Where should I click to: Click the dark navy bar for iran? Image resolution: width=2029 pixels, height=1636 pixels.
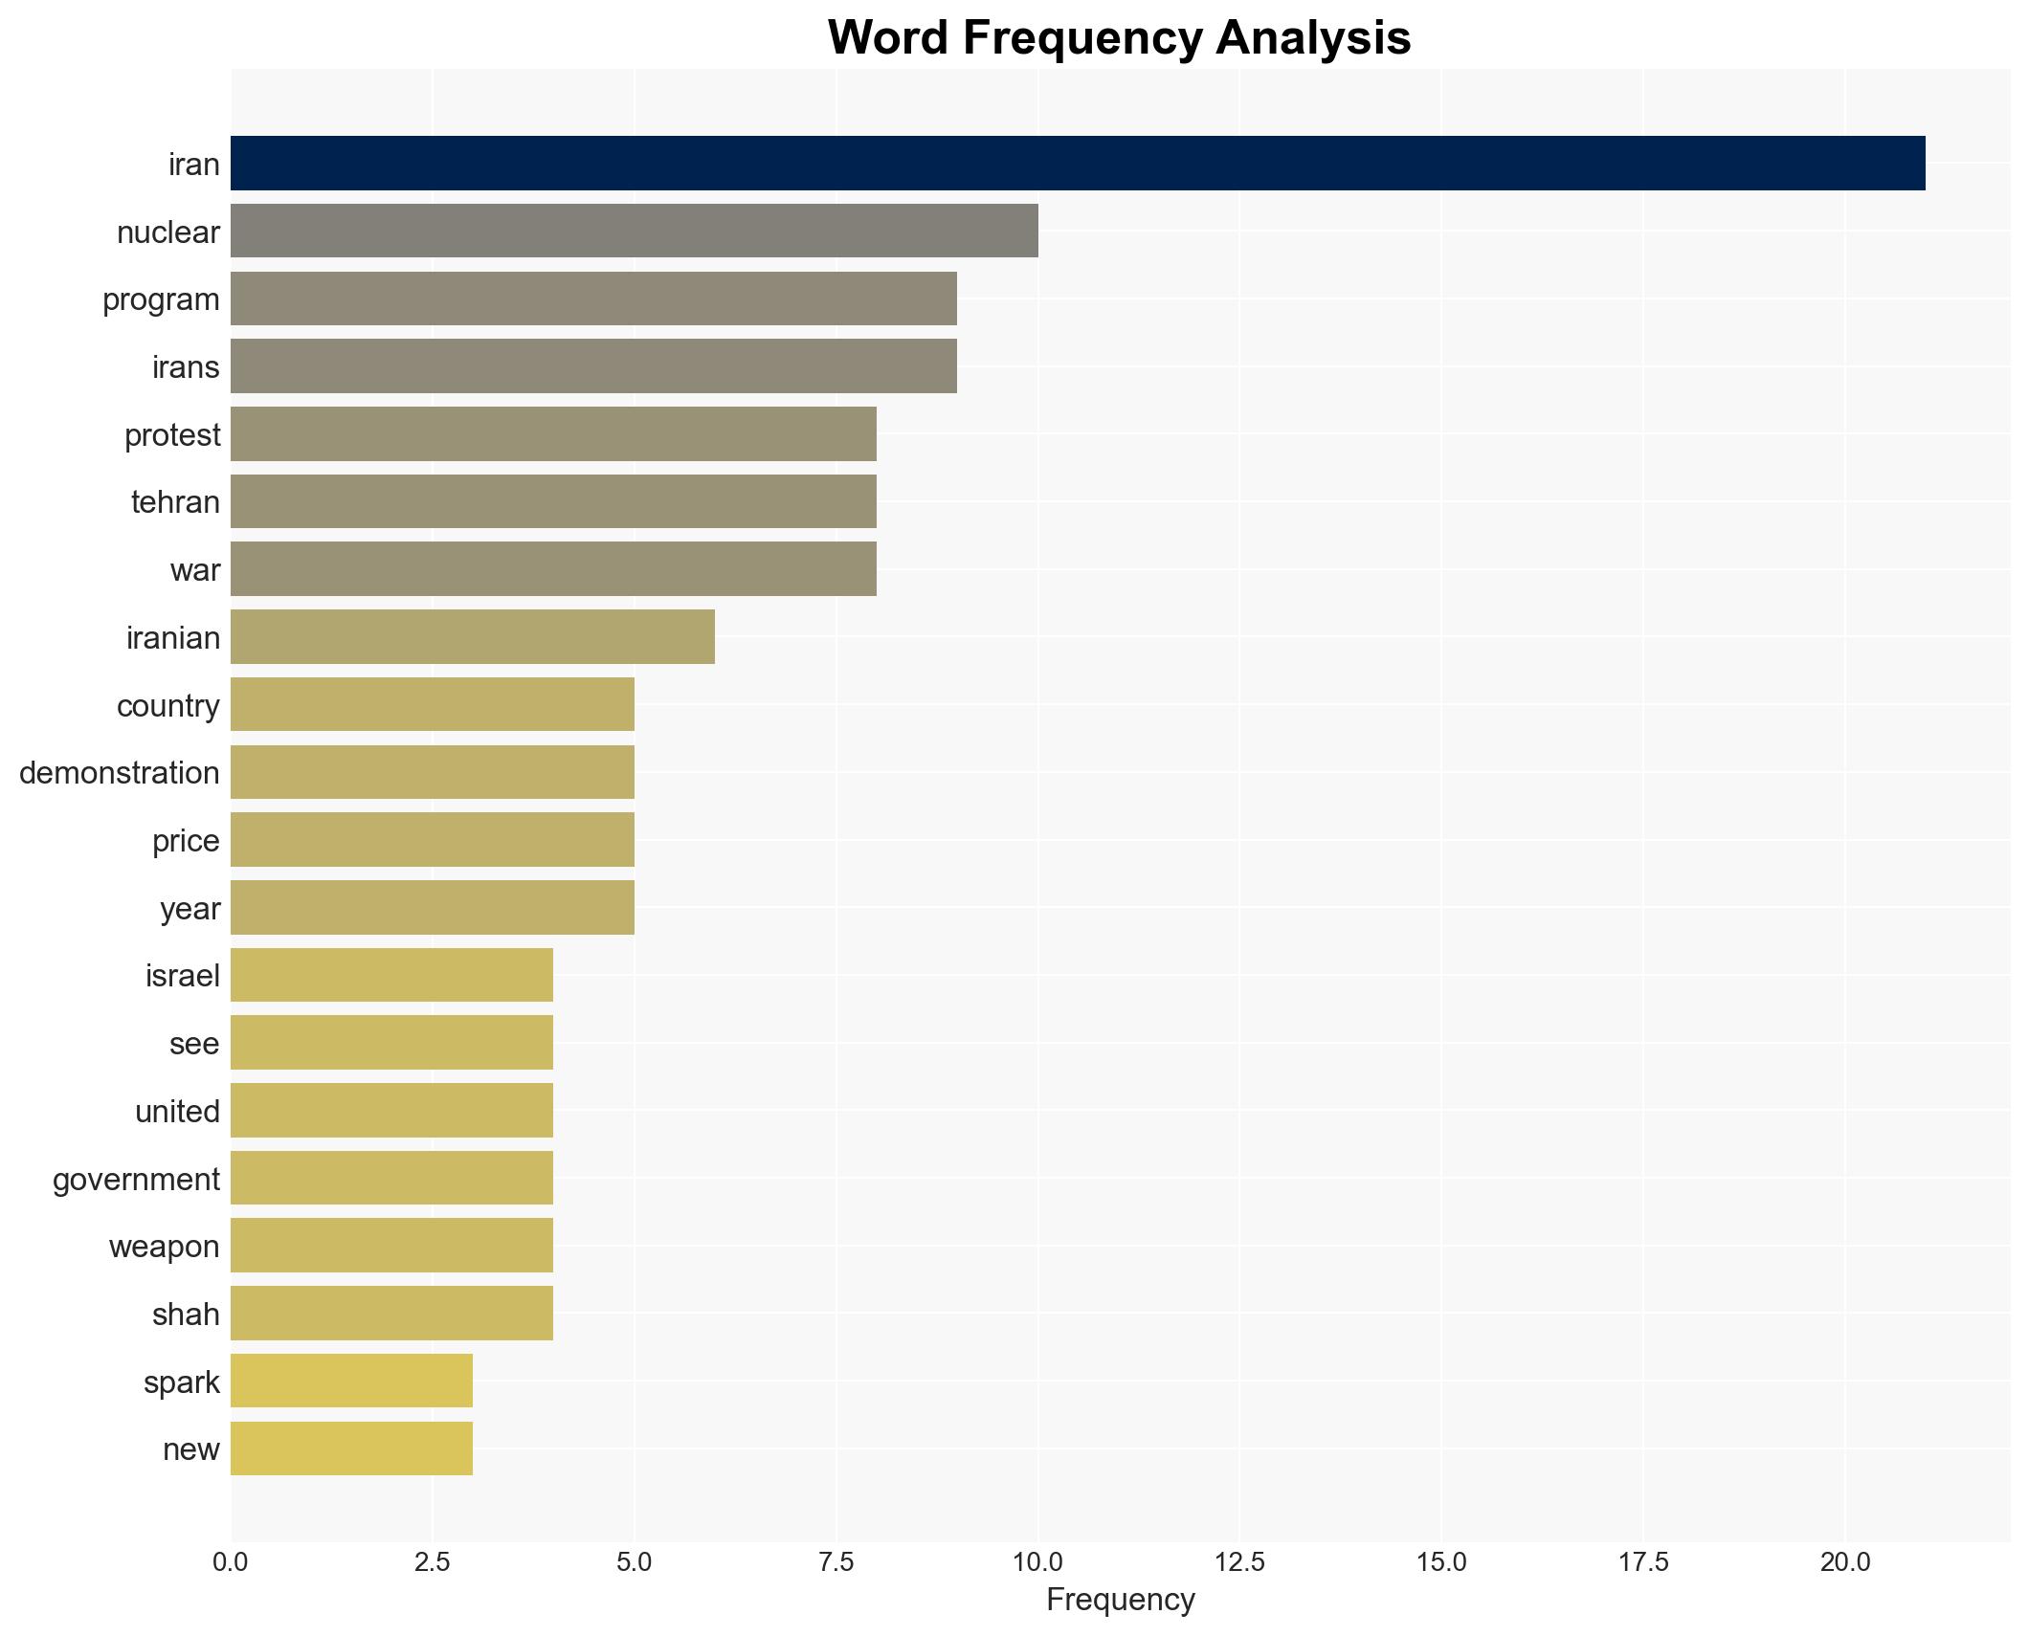point(1077,163)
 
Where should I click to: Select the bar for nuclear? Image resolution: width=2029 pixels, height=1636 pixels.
point(634,231)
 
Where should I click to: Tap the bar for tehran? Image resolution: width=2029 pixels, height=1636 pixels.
point(553,501)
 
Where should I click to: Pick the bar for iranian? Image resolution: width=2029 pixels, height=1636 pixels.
point(472,636)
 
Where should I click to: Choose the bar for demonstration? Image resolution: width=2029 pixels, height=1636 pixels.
point(432,772)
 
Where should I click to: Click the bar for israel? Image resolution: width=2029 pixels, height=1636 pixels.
point(391,975)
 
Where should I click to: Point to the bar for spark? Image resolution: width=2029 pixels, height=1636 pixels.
point(351,1381)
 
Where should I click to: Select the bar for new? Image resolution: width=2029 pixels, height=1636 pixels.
point(351,1448)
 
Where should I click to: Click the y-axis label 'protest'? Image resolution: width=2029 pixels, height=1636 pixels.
point(172,435)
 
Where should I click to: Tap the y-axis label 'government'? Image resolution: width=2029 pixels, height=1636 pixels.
point(136,1179)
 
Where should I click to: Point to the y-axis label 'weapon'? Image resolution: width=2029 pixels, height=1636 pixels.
point(164,1246)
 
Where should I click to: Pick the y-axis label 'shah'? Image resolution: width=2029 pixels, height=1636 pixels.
point(186,1314)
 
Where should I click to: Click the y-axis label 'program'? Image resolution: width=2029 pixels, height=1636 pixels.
point(161,299)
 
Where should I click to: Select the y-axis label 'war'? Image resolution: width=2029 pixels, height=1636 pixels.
point(195,570)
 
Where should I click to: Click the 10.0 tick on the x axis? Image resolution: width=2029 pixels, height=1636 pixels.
point(1037,1562)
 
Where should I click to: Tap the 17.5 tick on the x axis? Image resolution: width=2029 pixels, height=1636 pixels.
point(1643,1562)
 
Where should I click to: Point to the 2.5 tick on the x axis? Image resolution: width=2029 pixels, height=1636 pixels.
point(432,1562)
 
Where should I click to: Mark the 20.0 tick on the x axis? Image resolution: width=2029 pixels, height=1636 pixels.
point(1845,1562)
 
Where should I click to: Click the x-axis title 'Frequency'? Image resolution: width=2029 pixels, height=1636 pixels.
point(1120,1600)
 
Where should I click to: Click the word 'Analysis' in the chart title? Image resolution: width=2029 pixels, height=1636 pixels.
point(1313,38)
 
